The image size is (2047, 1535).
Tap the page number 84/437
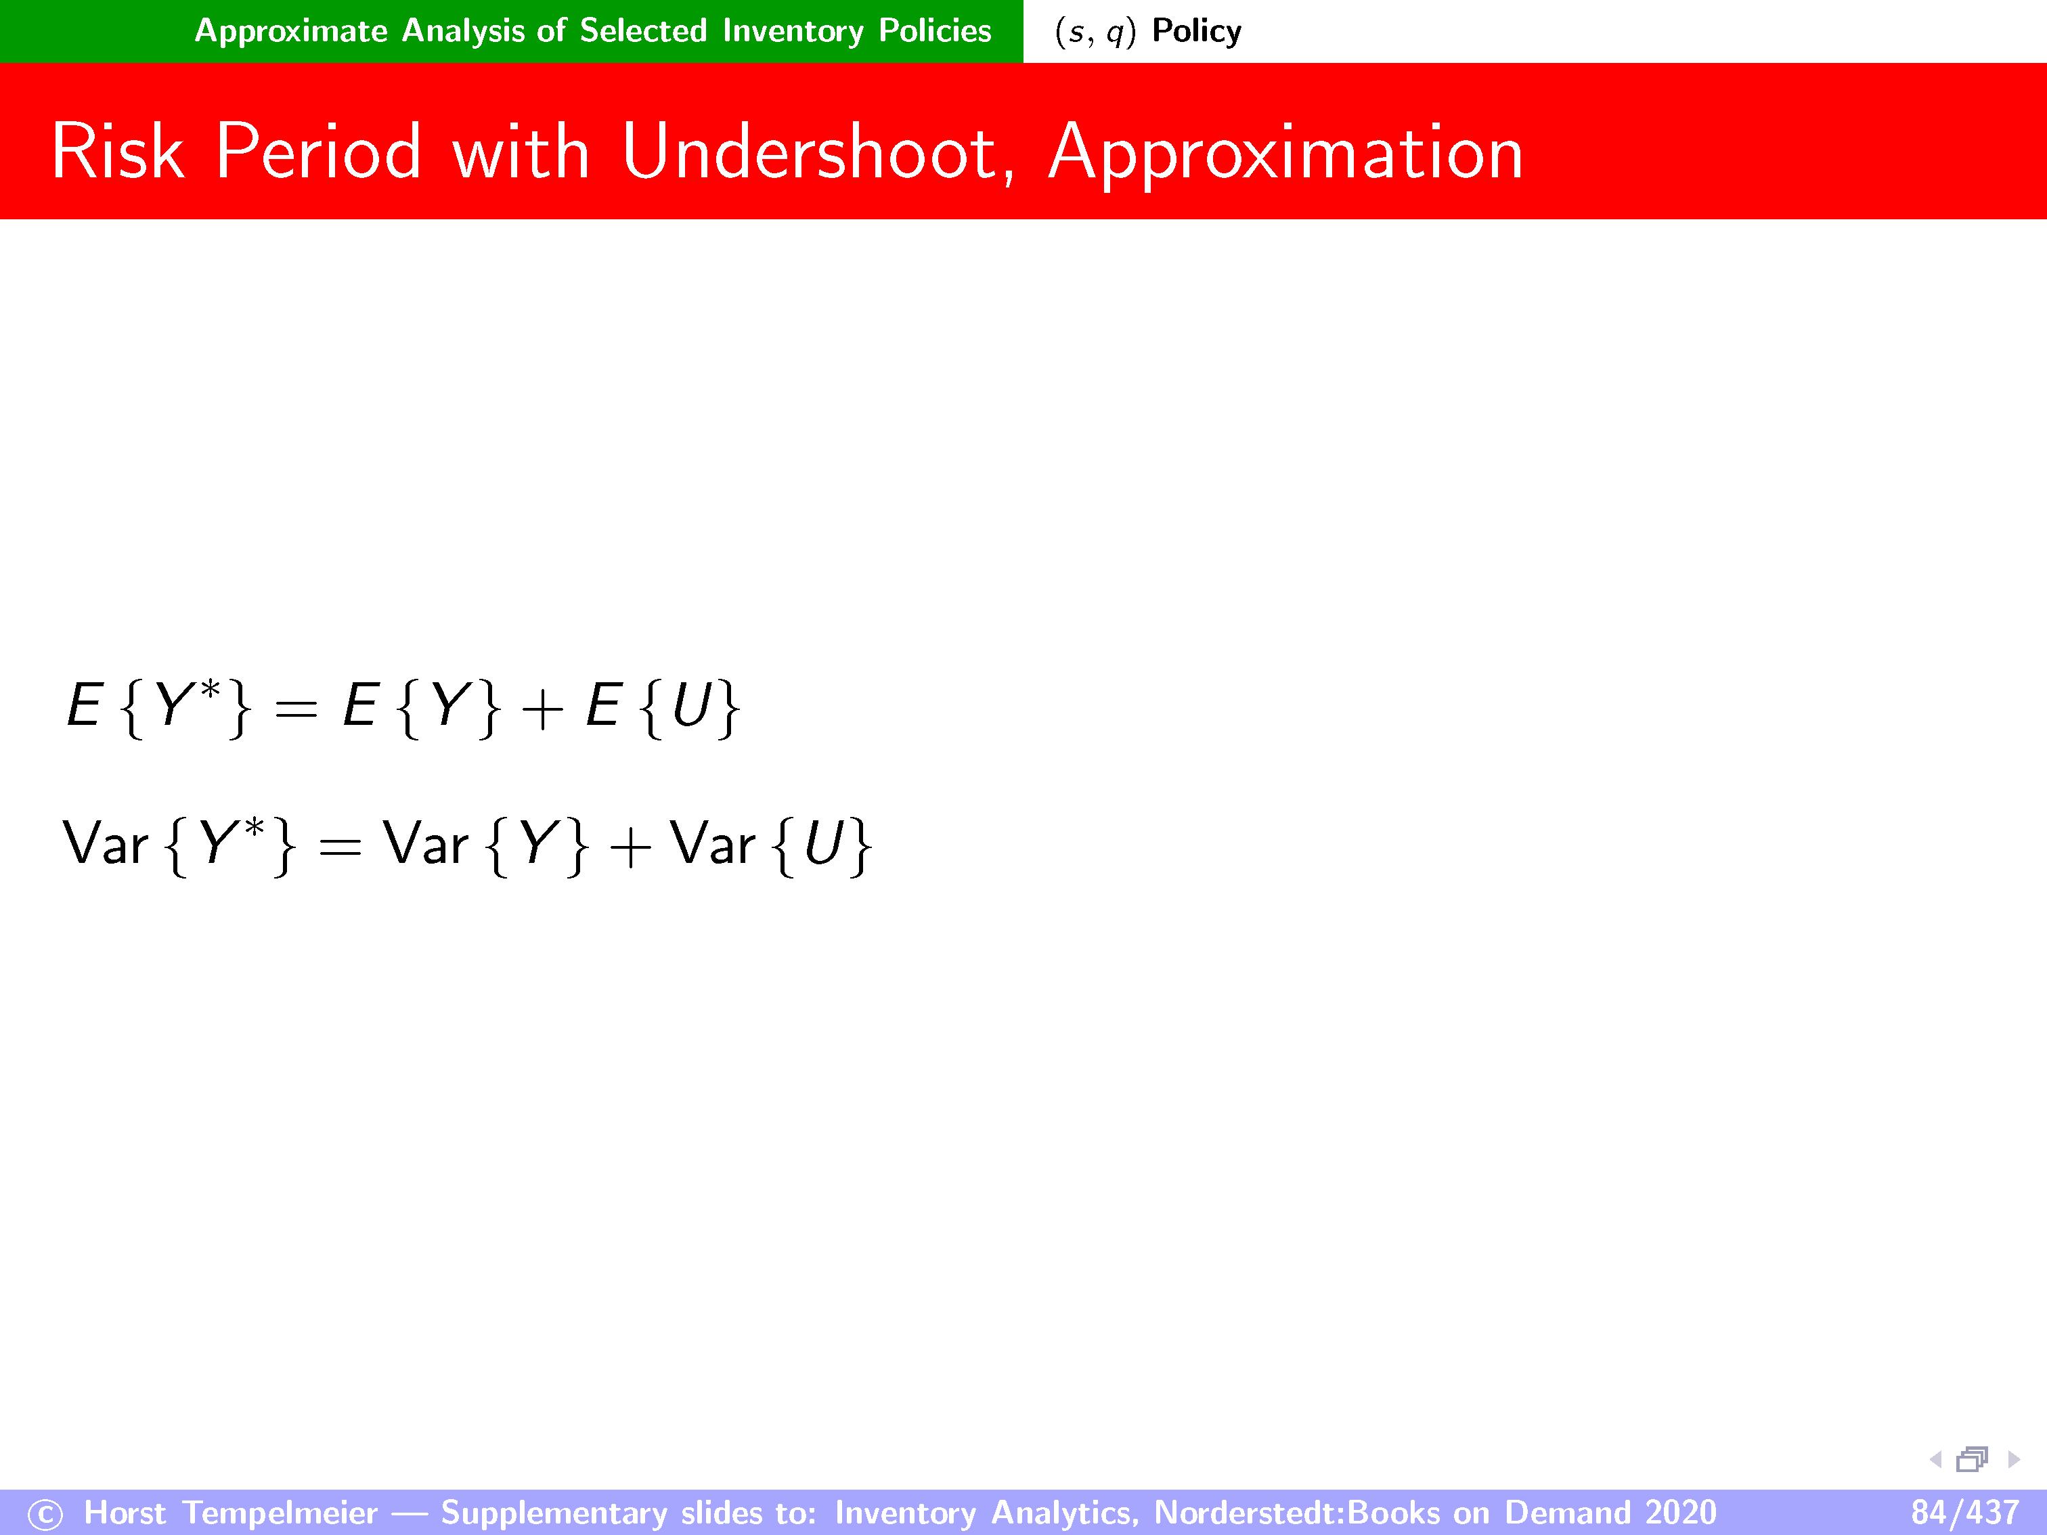tap(1964, 1512)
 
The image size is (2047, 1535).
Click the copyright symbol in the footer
tap(45, 1515)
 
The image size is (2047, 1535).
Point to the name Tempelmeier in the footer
tap(280, 1513)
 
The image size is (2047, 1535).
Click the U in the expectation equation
tap(691, 705)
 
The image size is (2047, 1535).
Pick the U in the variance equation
tap(824, 844)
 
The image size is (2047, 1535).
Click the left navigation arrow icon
tap(1935, 1459)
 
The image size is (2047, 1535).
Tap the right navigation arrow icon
tap(2014, 1459)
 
